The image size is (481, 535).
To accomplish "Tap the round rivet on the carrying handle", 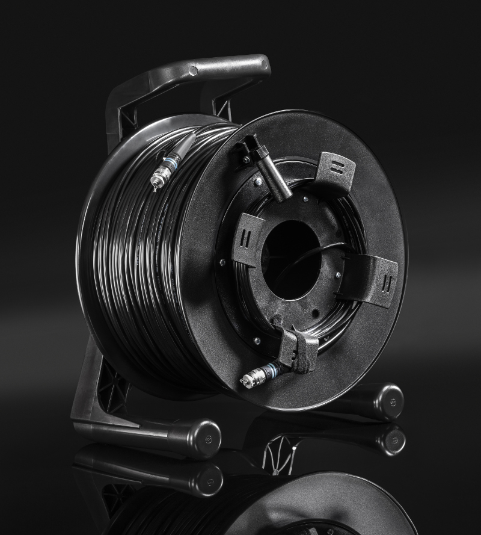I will click(x=193, y=71).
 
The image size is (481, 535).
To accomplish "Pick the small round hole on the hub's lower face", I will click(x=313, y=314).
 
